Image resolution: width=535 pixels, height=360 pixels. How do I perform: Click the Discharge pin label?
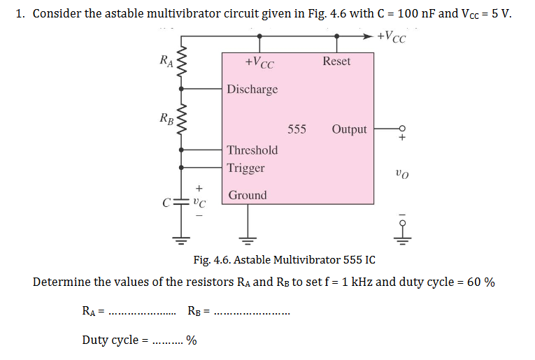[252, 89]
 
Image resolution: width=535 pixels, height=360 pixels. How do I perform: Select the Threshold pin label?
[252, 150]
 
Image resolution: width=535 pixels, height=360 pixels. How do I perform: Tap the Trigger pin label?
[245, 168]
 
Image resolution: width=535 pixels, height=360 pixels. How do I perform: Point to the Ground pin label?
[247, 195]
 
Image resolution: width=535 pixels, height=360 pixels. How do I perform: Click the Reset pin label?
[336, 61]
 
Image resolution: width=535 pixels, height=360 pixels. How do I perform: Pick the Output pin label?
[349, 129]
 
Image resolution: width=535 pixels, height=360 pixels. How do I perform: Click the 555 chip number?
[297, 129]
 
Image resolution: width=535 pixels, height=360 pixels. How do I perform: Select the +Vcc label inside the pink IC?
[259, 63]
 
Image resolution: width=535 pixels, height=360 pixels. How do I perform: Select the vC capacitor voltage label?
[199, 204]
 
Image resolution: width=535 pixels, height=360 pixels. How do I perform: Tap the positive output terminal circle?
[401, 129]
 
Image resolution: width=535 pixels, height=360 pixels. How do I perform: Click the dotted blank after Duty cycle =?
[168, 341]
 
